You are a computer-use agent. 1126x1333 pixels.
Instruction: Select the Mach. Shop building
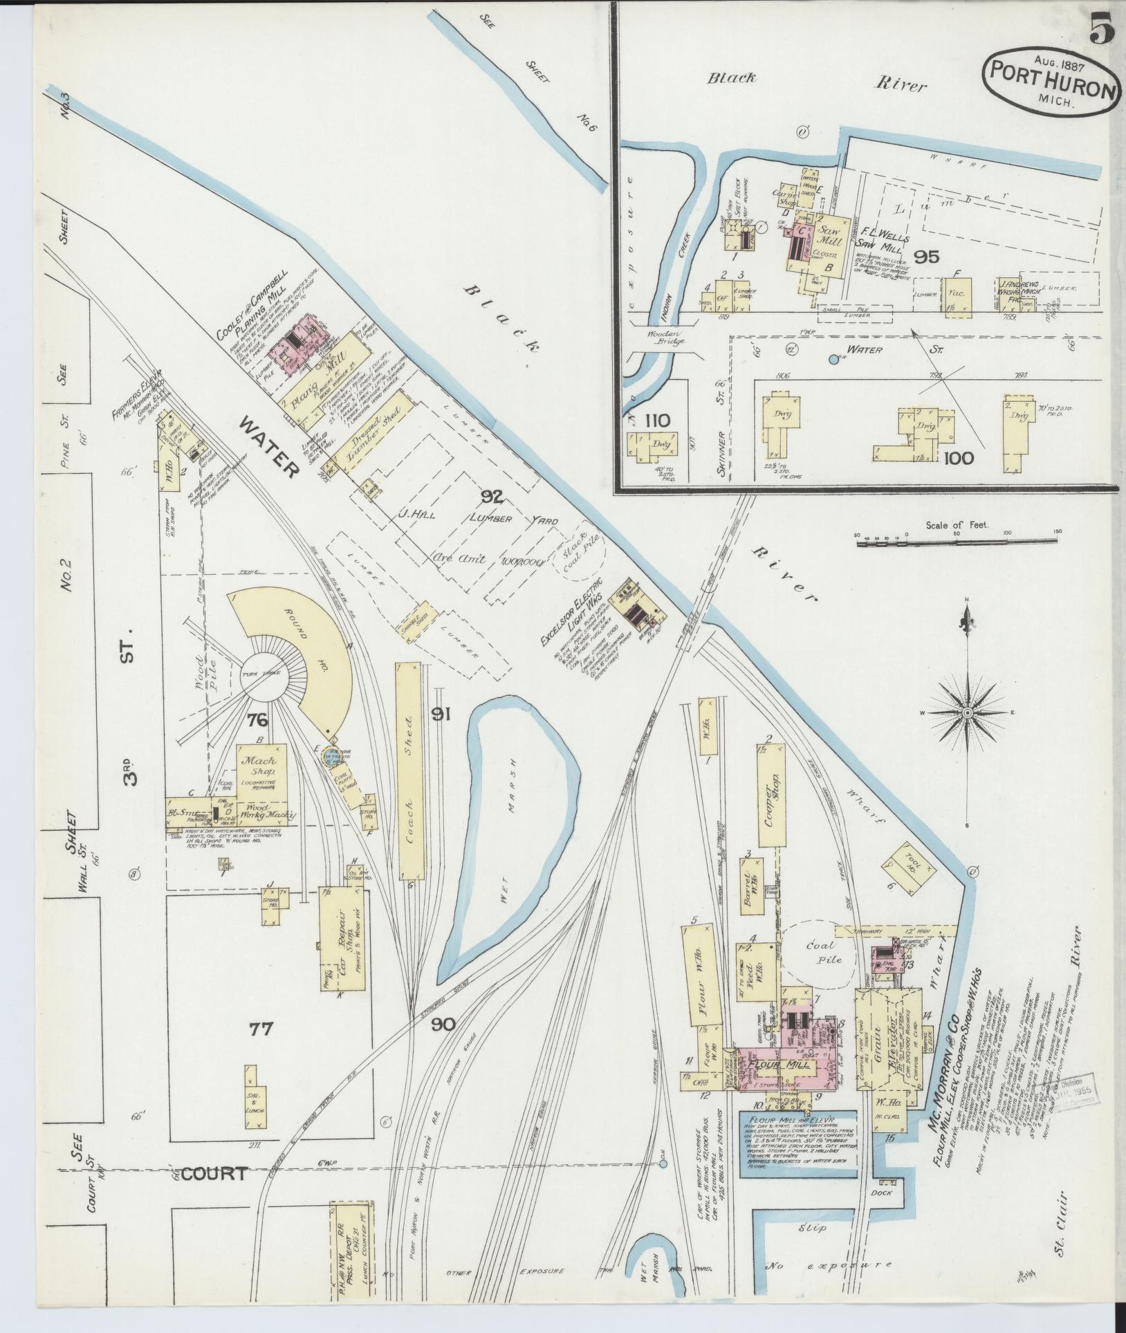[259, 766]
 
